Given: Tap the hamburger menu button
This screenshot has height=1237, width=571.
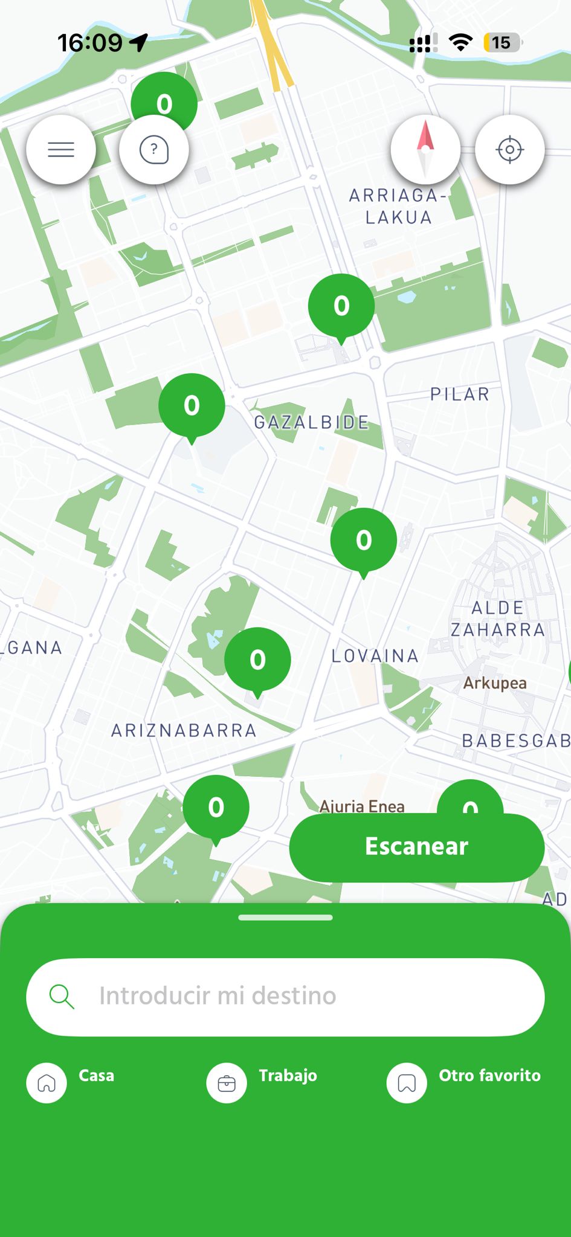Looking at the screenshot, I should (x=61, y=149).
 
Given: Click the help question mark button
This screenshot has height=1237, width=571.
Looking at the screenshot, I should (x=154, y=149).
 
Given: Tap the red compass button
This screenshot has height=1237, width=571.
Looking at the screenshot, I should (x=425, y=149).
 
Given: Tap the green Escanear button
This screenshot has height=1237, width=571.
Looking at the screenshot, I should (x=416, y=847).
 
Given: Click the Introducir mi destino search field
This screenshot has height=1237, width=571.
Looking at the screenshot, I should (x=285, y=997).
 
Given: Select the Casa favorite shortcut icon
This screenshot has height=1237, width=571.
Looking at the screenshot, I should (x=47, y=1083).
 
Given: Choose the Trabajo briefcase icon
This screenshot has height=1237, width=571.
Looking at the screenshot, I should (x=227, y=1083).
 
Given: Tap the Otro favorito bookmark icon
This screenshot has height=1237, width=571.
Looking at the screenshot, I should (x=407, y=1083).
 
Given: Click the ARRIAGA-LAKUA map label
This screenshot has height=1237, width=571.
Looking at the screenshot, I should (x=398, y=206).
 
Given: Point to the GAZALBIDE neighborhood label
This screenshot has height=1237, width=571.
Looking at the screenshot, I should (x=311, y=422).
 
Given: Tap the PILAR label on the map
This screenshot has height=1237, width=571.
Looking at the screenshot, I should (x=460, y=394).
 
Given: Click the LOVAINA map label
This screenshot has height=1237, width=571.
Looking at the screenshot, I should (x=375, y=655).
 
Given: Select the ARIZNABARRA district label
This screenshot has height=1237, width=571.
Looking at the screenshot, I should (x=184, y=730).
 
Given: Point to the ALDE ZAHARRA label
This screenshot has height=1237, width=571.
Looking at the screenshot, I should (x=498, y=618).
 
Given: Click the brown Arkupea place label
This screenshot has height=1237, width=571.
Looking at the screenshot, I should (x=495, y=683).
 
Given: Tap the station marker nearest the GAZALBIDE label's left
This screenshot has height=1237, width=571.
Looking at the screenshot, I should (x=192, y=406).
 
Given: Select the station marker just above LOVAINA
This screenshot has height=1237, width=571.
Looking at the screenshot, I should (x=363, y=541).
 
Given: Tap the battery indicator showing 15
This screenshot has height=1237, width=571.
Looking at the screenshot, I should (x=502, y=43).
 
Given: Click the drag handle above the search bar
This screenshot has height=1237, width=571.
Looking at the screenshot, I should (x=285, y=917).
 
